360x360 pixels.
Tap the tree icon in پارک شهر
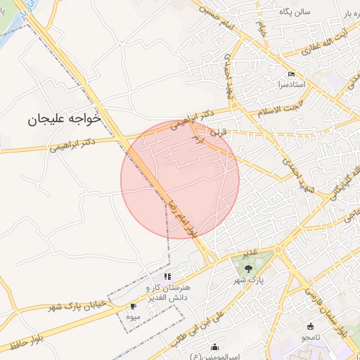(x=248, y=269)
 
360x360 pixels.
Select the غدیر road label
(x=250, y=252)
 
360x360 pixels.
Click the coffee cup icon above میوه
(x=133, y=307)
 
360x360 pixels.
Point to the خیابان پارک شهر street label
(x=76, y=307)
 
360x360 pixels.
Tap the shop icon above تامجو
(x=311, y=326)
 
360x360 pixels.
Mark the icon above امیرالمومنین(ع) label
(x=214, y=347)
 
